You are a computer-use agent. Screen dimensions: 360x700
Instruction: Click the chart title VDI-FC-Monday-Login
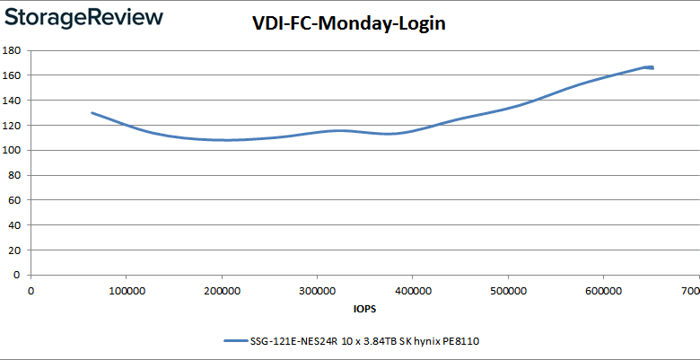349,24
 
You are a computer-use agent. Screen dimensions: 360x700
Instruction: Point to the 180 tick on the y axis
13,50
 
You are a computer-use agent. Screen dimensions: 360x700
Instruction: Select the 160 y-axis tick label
13,75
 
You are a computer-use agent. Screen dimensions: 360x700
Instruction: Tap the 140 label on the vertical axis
13,101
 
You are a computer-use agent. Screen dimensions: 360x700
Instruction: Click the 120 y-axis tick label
13,126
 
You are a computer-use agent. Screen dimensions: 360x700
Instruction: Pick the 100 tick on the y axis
13,151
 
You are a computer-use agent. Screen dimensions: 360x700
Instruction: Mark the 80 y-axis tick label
16,176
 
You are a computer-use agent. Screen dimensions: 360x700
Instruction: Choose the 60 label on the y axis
16,201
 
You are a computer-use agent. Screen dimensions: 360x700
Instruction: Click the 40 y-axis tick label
16,225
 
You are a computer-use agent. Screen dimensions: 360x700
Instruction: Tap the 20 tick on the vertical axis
16,250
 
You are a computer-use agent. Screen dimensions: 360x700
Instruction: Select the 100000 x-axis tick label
126,290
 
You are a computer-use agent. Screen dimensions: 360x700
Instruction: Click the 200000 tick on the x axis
221,290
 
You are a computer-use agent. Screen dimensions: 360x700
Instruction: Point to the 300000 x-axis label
317,290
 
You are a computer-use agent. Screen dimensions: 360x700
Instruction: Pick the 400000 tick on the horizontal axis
412,290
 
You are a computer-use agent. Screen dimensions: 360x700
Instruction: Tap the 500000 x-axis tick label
508,290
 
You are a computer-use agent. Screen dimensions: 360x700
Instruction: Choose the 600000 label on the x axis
603,290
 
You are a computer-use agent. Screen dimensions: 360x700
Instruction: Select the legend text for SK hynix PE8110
369,341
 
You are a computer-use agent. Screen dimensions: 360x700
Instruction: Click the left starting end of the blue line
92,113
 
